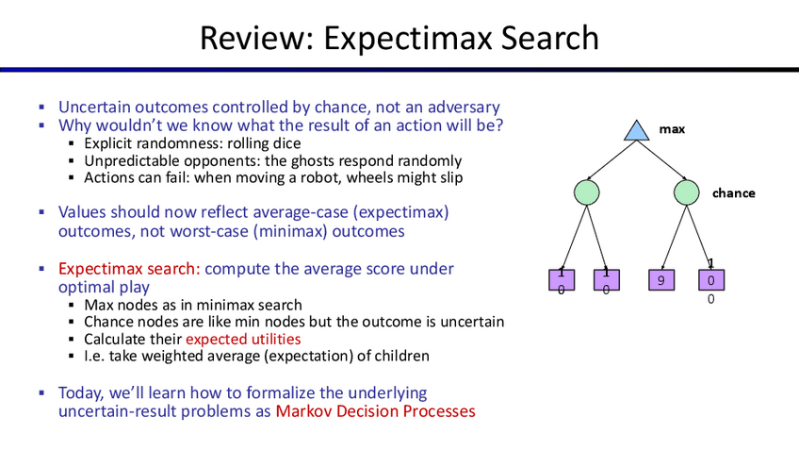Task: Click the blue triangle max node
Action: point(636,131)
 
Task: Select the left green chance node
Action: point(586,192)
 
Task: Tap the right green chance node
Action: point(686,192)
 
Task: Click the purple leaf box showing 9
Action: point(660,280)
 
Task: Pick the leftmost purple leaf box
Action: point(562,280)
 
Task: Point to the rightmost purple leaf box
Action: point(710,280)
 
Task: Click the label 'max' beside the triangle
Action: point(672,129)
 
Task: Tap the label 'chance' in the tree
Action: point(734,193)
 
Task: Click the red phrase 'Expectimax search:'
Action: point(129,269)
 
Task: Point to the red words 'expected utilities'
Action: point(243,340)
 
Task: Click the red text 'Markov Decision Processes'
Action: point(376,411)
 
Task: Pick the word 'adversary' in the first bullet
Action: point(464,108)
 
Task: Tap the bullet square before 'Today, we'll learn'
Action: point(41,392)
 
